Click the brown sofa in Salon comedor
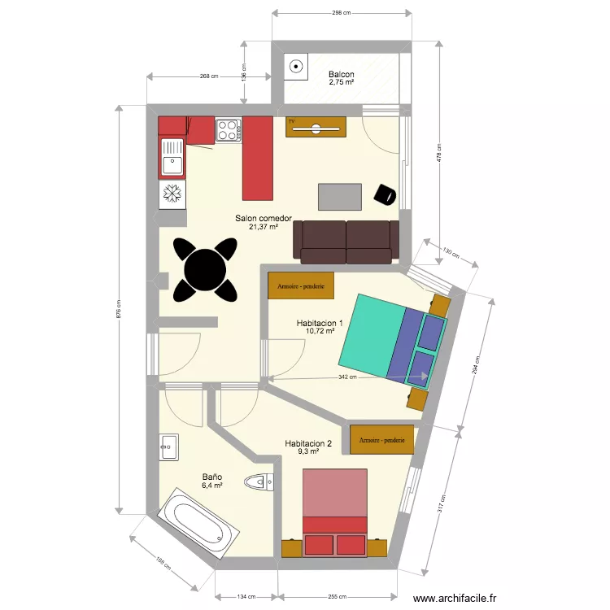[346, 242]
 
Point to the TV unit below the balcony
[316, 128]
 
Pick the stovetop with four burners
[228, 129]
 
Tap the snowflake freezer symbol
[172, 194]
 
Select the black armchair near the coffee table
[384, 194]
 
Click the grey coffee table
[340, 196]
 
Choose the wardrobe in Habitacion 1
[301, 286]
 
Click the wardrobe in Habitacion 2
[382, 439]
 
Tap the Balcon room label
[342, 74]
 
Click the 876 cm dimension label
[119, 309]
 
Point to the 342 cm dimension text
[348, 377]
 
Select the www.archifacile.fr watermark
[455, 598]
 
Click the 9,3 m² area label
[308, 451]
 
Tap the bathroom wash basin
[169, 447]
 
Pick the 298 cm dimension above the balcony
[341, 13]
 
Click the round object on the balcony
[296, 68]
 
